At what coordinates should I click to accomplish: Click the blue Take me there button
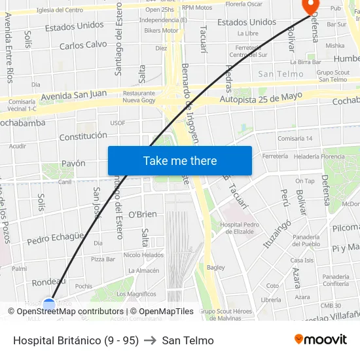[x=180, y=161]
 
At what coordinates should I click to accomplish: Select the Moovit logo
[x=321, y=340]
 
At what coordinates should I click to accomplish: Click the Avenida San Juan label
[x=73, y=96]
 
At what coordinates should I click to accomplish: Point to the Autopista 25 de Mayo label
[x=261, y=98]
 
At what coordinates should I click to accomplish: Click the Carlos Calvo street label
[x=83, y=45]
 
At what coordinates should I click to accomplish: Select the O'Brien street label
[x=142, y=215]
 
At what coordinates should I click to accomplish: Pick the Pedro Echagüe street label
[x=56, y=238]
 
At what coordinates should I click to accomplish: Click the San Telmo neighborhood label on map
[x=281, y=74]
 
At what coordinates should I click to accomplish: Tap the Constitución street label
[x=83, y=136]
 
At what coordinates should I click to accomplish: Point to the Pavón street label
[x=73, y=163]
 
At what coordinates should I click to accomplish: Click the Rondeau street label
[x=49, y=281]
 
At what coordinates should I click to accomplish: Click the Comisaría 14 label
[x=295, y=139]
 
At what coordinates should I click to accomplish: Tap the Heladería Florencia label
[x=319, y=156]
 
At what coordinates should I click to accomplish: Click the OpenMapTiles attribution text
[x=162, y=312]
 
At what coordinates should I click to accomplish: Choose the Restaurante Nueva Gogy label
[x=139, y=97]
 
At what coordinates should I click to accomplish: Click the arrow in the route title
[x=151, y=340]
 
